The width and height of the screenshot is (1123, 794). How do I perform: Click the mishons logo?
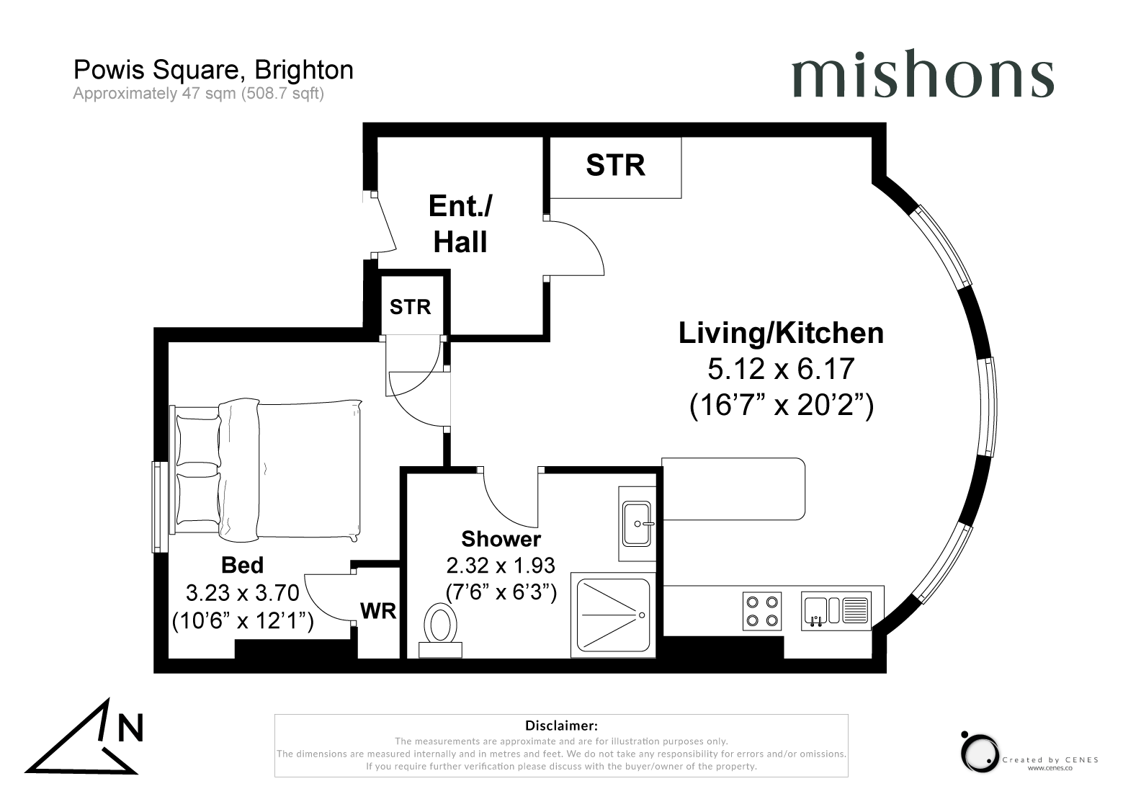(922, 74)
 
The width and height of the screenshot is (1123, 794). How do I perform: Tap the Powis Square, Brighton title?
(213, 70)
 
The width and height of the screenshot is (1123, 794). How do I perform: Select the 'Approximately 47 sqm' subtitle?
(198, 94)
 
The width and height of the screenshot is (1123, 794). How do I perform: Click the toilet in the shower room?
(440, 630)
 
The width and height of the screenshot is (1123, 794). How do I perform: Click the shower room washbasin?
(637, 524)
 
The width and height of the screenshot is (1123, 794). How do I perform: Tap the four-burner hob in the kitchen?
(762, 610)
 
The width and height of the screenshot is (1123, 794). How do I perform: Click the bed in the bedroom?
(267, 470)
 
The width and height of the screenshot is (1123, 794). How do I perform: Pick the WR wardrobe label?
(378, 611)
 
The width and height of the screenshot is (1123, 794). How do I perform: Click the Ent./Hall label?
(460, 224)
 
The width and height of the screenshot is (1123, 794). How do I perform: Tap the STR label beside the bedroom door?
(410, 307)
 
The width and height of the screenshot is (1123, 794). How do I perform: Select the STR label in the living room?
(615, 165)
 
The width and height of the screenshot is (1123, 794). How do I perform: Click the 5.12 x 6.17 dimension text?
(781, 369)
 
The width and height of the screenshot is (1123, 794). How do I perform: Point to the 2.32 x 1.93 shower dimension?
(501, 566)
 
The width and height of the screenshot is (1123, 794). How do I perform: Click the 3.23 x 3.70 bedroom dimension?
(242, 593)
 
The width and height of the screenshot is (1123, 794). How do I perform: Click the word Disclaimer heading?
(561, 725)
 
